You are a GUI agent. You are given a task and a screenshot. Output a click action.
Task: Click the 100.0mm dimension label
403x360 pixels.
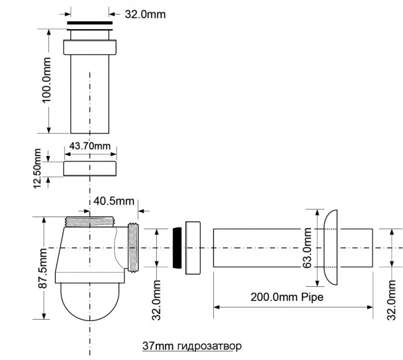(x=47, y=80)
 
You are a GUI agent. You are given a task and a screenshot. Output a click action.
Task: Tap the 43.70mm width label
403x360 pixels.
(x=90, y=146)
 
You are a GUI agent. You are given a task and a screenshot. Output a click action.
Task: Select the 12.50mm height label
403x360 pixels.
(x=37, y=169)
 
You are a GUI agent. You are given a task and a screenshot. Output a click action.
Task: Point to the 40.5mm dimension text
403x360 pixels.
(x=114, y=201)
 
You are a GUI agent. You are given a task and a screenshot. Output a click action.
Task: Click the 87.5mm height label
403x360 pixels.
(x=43, y=268)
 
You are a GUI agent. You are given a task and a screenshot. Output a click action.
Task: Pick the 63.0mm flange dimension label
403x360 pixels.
(x=307, y=248)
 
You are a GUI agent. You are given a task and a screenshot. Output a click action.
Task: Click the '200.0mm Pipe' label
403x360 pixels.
(x=287, y=297)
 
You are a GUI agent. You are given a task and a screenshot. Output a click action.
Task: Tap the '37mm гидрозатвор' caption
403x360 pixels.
(x=192, y=346)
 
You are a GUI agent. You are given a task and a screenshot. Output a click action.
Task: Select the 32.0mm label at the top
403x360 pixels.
(x=145, y=14)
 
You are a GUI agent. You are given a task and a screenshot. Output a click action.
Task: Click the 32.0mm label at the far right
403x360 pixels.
(x=391, y=300)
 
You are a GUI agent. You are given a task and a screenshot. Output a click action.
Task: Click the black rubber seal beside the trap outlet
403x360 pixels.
(x=177, y=248)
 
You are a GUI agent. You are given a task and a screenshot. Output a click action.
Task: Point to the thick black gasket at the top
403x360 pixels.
(x=90, y=23)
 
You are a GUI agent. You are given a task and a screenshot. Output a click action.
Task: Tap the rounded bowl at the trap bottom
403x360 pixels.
(x=90, y=302)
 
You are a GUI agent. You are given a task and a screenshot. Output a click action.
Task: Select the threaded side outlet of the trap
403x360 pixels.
(x=133, y=247)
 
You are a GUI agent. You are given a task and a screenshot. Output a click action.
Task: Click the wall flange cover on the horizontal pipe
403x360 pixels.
(x=330, y=247)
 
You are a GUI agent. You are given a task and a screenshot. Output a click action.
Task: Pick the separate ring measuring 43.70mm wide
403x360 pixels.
(x=90, y=169)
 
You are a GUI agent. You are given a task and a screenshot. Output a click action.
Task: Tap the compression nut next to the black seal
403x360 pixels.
(x=193, y=248)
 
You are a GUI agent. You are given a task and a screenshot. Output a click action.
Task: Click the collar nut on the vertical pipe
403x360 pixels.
(x=90, y=47)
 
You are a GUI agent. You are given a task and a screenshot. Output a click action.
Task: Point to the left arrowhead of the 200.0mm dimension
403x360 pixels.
(x=216, y=307)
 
